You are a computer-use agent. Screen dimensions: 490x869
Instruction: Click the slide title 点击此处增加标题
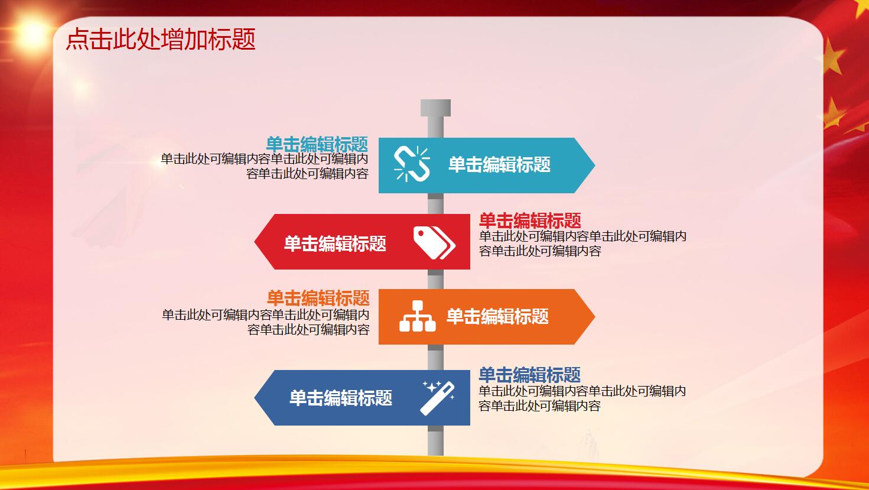click(x=160, y=40)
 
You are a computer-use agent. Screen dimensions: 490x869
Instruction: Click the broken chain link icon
click(x=412, y=164)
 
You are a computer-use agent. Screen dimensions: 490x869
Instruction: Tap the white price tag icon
click(x=434, y=242)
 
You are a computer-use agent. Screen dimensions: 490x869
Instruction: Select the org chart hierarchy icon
click(x=417, y=316)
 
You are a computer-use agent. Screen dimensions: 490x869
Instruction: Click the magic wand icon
click(x=438, y=398)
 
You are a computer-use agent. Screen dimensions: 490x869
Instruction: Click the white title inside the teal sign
click(x=499, y=164)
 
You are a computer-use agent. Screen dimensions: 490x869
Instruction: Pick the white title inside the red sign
click(x=335, y=244)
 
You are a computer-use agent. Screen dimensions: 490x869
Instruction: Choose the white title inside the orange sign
click(x=497, y=316)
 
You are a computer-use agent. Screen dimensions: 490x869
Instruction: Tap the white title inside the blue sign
click(x=341, y=398)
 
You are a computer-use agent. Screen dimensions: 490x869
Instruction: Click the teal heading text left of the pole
click(x=317, y=144)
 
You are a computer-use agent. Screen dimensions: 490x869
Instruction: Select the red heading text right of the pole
click(x=530, y=221)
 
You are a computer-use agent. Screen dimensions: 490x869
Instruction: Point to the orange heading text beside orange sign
click(x=318, y=298)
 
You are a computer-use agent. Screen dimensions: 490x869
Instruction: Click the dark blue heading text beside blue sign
click(x=529, y=375)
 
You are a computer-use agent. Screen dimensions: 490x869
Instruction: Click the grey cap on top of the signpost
click(x=435, y=108)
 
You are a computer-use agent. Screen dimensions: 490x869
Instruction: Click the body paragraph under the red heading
click(x=582, y=244)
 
